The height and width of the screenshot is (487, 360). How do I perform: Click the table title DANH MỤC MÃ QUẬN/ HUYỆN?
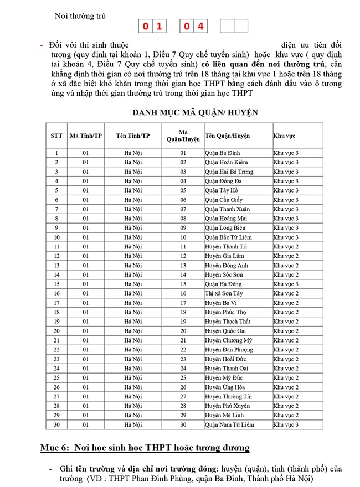click(195, 112)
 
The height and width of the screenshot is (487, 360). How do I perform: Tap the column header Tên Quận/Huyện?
click(227, 136)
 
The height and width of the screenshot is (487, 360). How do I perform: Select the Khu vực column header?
click(284, 136)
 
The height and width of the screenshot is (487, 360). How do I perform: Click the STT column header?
click(56, 136)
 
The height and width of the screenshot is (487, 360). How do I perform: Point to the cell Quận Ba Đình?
click(222, 153)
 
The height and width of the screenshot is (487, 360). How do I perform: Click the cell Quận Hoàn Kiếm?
click(226, 162)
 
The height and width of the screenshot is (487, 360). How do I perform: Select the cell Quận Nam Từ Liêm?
click(229, 424)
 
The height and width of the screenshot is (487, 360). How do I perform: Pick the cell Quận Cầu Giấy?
click(224, 200)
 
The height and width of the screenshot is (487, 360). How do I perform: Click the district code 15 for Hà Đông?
click(183, 284)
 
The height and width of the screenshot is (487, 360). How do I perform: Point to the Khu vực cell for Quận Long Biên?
click(285, 227)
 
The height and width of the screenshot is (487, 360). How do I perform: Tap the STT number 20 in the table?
click(56, 331)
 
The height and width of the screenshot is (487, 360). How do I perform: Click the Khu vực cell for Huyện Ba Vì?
click(285, 303)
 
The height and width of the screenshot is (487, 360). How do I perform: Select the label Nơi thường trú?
click(80, 16)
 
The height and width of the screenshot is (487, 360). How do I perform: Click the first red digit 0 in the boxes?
click(145, 26)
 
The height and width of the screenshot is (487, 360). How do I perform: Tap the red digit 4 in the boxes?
click(200, 26)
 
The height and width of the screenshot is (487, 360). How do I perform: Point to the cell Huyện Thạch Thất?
click(227, 322)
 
